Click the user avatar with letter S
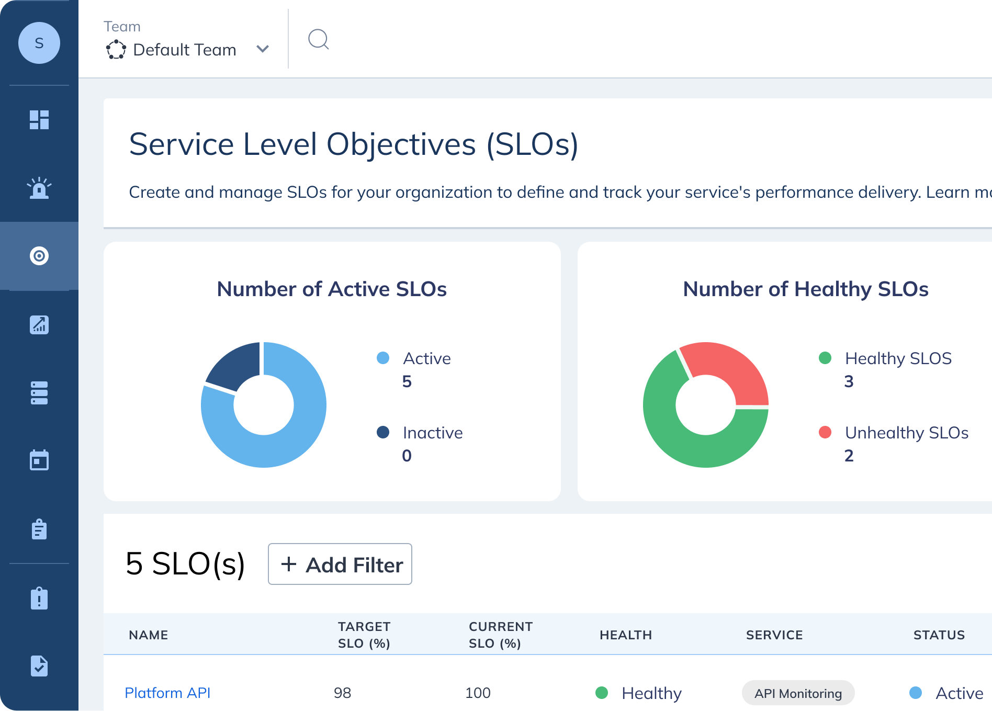click(x=39, y=43)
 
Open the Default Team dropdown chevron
click(x=263, y=49)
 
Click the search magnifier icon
click(x=318, y=39)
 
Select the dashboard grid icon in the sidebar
click(x=39, y=120)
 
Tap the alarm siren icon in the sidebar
click(x=39, y=188)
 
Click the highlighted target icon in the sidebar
click(x=39, y=256)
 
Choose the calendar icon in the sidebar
click(x=39, y=460)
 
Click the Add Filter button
click(x=340, y=564)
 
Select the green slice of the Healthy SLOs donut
click(x=680, y=439)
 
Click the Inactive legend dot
click(x=383, y=432)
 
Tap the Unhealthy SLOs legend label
click(x=906, y=433)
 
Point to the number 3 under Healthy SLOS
click(x=849, y=381)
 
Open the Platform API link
click(x=167, y=693)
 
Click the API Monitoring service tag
click(x=798, y=693)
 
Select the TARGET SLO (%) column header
click(x=364, y=635)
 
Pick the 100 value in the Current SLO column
click(x=478, y=693)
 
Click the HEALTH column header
click(x=625, y=635)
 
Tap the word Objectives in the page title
click(x=401, y=144)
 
